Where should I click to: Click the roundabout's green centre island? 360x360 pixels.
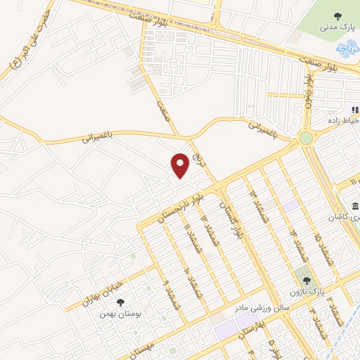coord(306,139)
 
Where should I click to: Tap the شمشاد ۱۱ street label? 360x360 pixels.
coord(186,239)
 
